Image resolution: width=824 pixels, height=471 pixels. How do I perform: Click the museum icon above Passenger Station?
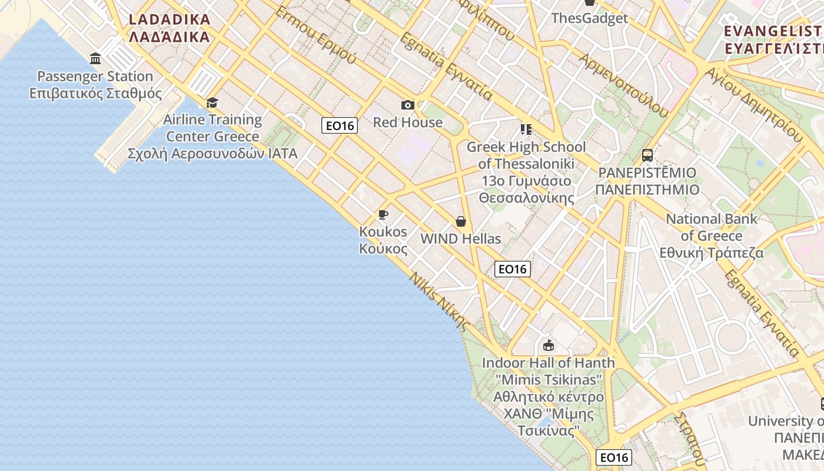pyautogui.click(x=95, y=58)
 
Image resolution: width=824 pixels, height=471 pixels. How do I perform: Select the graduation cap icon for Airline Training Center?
pyautogui.click(x=212, y=103)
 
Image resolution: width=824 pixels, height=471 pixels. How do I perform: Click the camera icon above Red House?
pyautogui.click(x=407, y=105)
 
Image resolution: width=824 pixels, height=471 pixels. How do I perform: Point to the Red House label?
pyautogui.click(x=407, y=122)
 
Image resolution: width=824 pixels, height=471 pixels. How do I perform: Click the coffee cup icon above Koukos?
pyautogui.click(x=383, y=214)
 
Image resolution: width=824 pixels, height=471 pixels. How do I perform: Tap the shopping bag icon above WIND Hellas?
pyautogui.click(x=461, y=221)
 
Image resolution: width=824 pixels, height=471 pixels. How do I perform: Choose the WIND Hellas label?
pyautogui.click(x=461, y=239)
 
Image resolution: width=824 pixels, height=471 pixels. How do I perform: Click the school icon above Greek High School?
pyautogui.click(x=526, y=130)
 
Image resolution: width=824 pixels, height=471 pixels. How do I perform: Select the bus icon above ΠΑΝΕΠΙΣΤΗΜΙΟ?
pyautogui.click(x=647, y=155)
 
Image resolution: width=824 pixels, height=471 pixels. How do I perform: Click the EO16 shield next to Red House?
pyautogui.click(x=340, y=125)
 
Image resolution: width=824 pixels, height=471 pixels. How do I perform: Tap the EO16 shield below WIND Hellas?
pyautogui.click(x=512, y=269)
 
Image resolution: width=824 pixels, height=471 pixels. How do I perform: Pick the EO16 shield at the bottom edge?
pyautogui.click(x=613, y=457)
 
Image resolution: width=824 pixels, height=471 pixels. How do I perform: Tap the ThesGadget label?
pyautogui.click(x=589, y=18)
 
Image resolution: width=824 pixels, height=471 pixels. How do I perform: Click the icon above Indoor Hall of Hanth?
pyautogui.click(x=549, y=345)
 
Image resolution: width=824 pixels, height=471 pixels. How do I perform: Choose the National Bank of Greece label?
pyautogui.click(x=712, y=235)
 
